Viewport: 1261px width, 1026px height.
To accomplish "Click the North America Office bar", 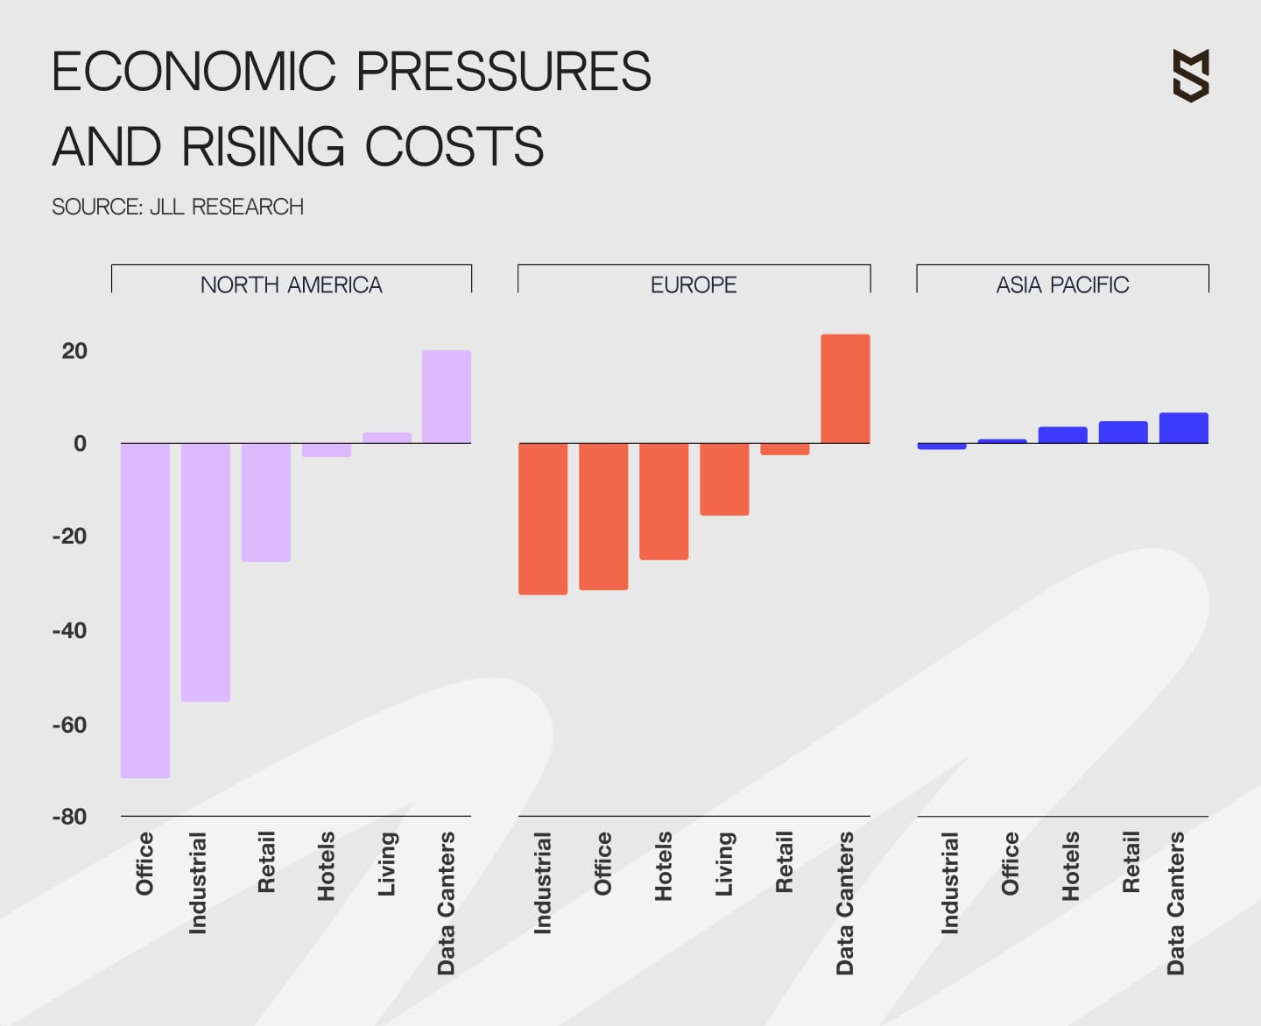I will click(x=145, y=609).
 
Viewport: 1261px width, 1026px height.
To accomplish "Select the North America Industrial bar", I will click(x=206, y=572).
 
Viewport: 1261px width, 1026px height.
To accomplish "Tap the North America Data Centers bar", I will click(x=447, y=397).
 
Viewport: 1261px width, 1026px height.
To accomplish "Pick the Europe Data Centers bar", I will click(x=845, y=389).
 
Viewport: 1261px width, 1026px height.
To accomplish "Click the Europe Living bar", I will click(x=724, y=479).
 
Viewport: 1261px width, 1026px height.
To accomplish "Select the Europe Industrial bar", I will click(x=543, y=518).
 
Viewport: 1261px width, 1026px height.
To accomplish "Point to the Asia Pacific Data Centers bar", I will click(x=1183, y=428).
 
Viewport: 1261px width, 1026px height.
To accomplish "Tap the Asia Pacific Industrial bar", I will click(x=941, y=446).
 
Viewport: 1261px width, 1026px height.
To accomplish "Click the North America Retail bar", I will click(x=266, y=502).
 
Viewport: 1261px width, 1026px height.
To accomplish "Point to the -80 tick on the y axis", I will click(x=70, y=817).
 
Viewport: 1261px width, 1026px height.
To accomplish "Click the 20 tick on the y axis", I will click(x=74, y=351).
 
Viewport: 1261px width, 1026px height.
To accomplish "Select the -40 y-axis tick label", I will click(x=70, y=630).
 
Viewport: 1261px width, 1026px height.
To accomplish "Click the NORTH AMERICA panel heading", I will click(x=291, y=285).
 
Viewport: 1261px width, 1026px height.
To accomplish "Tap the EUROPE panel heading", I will click(x=694, y=285).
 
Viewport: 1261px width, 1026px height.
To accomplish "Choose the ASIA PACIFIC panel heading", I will click(x=1062, y=285).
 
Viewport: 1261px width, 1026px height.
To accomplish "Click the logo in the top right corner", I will click(x=1191, y=75).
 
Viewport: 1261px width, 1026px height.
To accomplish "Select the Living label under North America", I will click(x=387, y=863).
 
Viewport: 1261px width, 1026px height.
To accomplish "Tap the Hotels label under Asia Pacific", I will click(x=1070, y=866).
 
